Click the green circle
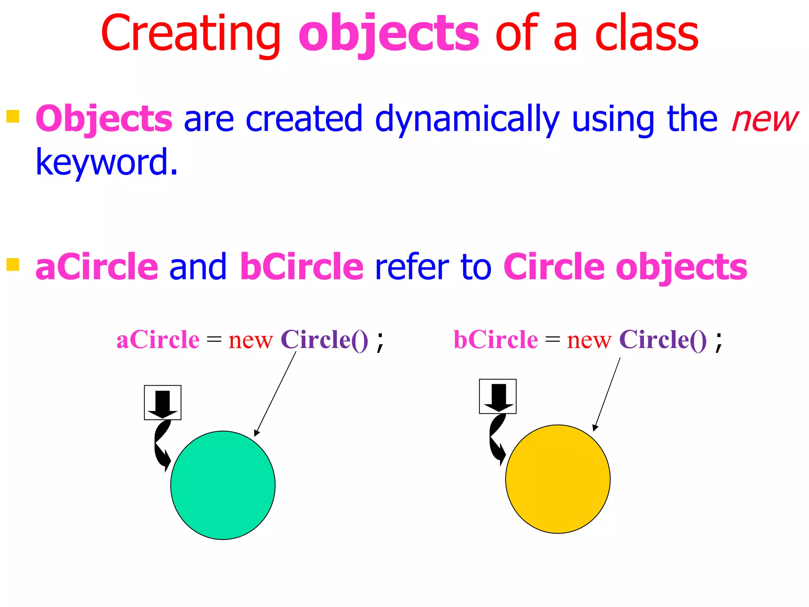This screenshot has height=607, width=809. pyautogui.click(x=223, y=485)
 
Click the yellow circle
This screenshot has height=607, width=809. pyautogui.click(x=558, y=479)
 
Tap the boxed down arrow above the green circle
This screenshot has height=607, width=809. pyautogui.click(x=163, y=402)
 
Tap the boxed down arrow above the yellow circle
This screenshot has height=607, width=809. pyautogui.click(x=498, y=396)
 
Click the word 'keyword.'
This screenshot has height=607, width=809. pyautogui.click(x=107, y=162)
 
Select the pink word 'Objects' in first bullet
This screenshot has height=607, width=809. pyautogui.click(x=104, y=119)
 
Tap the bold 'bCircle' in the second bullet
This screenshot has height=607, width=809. pyautogui.click(x=301, y=267)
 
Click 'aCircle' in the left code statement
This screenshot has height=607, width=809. pyautogui.click(x=158, y=340)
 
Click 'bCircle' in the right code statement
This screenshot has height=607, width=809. pyautogui.click(x=496, y=340)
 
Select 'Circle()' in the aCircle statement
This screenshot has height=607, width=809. pyautogui.click(x=324, y=340)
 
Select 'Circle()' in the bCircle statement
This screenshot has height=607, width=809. pyautogui.click(x=663, y=340)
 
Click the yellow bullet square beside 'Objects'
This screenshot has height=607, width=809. pyautogui.click(x=13, y=116)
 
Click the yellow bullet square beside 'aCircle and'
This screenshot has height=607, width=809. pyautogui.click(x=13, y=264)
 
